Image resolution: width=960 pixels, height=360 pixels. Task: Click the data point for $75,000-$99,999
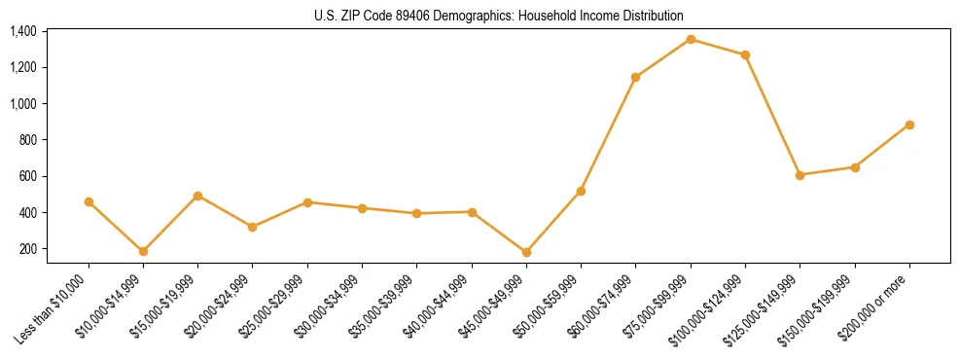pyautogui.click(x=691, y=39)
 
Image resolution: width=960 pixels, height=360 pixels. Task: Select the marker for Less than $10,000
pyautogui.click(x=89, y=201)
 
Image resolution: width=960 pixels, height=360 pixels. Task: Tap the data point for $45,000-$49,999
pyautogui.click(x=526, y=252)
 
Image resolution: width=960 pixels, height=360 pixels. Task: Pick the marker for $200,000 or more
pyautogui.click(x=909, y=125)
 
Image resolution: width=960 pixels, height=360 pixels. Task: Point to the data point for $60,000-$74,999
pyautogui.click(x=636, y=77)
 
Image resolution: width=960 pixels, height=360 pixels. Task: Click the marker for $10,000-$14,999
pyautogui.click(x=143, y=251)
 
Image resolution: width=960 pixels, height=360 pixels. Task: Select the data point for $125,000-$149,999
pyautogui.click(x=800, y=175)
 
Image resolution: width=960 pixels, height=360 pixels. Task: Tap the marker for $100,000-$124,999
pyautogui.click(x=745, y=54)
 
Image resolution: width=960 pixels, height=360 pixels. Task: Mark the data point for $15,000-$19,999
pyautogui.click(x=197, y=196)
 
